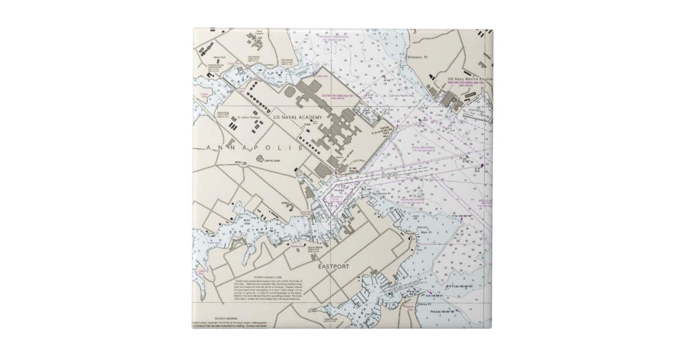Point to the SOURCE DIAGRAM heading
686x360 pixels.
pyautogui.click(x=226, y=318)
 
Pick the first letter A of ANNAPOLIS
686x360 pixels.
pyautogui.click(x=207, y=147)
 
